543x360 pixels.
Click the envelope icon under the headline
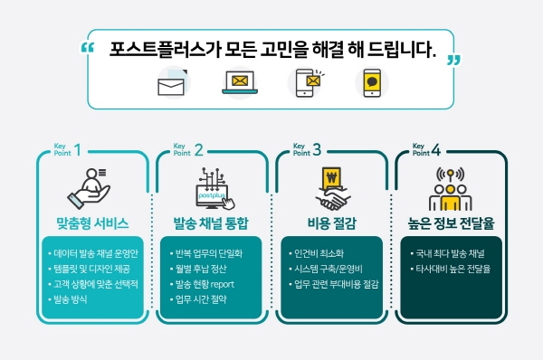169,84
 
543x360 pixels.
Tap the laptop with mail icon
240,84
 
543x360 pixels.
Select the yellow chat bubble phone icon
372,83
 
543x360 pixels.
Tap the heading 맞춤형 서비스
92,221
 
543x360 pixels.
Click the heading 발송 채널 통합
211,221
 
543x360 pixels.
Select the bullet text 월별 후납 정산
202,269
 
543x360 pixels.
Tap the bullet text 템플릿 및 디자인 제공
93,269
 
